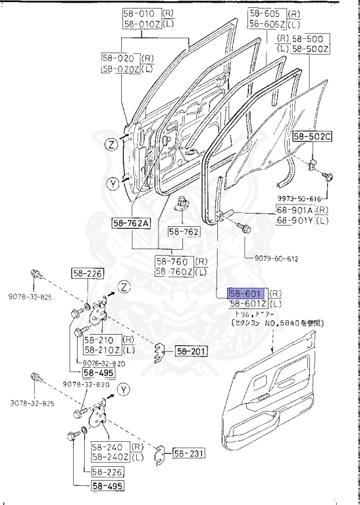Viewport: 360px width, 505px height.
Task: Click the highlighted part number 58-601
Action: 247,293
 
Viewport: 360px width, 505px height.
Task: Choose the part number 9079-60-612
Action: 281,259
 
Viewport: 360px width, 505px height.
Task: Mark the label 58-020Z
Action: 120,68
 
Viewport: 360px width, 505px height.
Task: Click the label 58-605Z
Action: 266,24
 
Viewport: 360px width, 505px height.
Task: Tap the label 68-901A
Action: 295,210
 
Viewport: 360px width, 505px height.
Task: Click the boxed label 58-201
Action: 191,351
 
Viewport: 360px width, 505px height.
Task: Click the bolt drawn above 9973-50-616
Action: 330,176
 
